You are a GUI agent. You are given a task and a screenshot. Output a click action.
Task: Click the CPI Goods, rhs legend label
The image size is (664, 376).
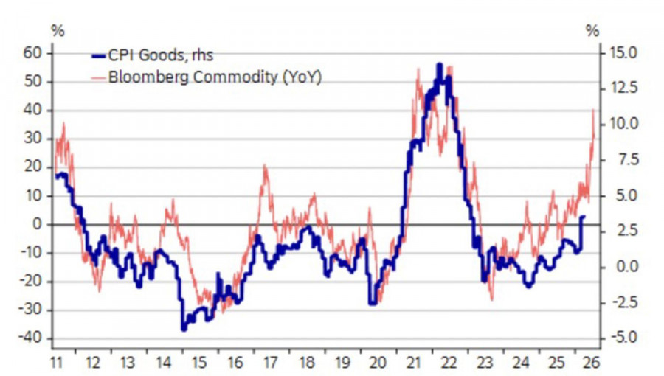[162, 55]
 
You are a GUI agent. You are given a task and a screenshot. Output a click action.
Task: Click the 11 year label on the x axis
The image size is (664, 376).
[56, 362]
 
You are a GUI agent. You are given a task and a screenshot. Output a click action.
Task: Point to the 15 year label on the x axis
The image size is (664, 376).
[198, 362]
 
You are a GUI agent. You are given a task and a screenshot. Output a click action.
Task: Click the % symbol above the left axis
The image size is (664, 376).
[57, 31]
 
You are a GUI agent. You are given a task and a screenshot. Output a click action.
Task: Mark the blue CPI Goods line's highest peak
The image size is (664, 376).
[440, 65]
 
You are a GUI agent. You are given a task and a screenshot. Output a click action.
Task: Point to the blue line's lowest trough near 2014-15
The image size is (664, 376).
[183, 329]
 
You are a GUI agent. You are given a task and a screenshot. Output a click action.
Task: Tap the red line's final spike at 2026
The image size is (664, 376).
[593, 110]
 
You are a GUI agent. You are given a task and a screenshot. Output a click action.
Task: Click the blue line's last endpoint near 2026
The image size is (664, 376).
[584, 217]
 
